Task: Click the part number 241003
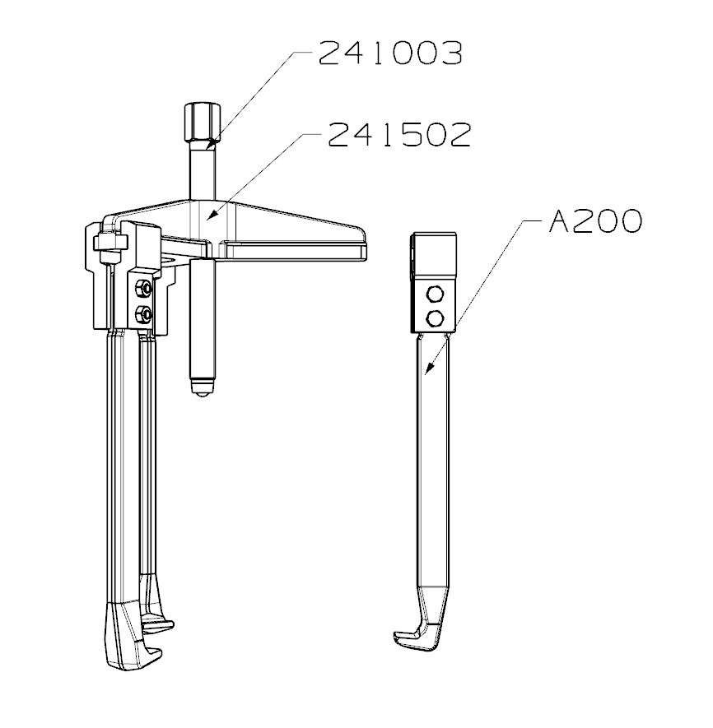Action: coord(389,53)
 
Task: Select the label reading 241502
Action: coord(399,134)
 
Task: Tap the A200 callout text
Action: coord(594,221)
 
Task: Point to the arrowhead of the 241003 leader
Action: coord(210,145)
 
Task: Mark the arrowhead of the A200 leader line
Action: coord(426,372)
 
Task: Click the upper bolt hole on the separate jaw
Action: coord(436,294)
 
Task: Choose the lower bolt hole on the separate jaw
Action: coord(436,318)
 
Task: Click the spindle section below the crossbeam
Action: coord(203,321)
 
